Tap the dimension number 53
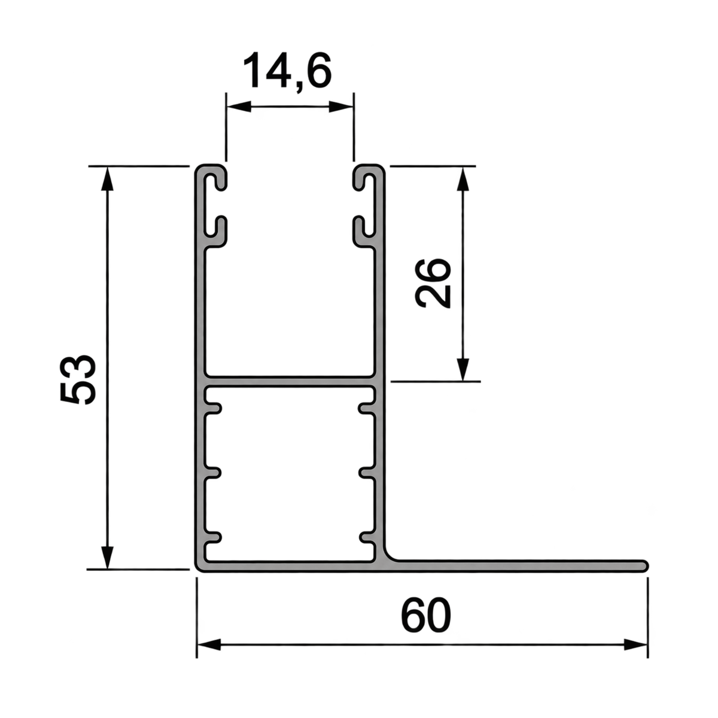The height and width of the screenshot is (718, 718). pyautogui.click(x=78, y=379)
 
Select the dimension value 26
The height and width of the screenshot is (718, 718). pyautogui.click(x=432, y=283)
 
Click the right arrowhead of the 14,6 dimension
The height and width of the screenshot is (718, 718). pyautogui.click(x=341, y=108)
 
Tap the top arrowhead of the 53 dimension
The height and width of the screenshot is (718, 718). pyautogui.click(x=107, y=179)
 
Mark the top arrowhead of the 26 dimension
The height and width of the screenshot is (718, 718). pyautogui.click(x=463, y=179)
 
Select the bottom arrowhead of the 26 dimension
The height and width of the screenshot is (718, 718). pyautogui.click(x=463, y=369)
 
